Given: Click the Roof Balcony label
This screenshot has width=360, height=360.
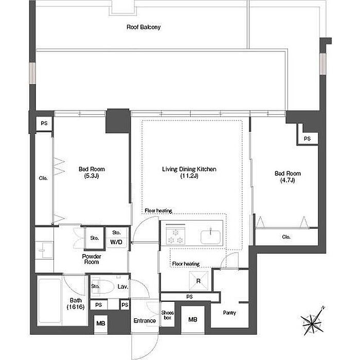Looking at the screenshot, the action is [143, 27].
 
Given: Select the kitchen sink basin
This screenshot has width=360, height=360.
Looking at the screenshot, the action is [210, 237].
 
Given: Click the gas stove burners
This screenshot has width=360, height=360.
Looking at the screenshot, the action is [176, 237].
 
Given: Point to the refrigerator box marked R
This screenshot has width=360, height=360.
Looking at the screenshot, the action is [199, 281].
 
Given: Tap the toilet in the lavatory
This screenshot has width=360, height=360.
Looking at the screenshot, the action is [103, 286].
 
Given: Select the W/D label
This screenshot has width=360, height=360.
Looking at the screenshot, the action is [116, 242].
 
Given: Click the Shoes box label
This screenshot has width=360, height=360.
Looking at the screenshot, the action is [167, 315].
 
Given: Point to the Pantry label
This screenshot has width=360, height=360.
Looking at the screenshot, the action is [229, 313].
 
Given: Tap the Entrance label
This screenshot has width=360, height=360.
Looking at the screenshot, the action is [145, 321].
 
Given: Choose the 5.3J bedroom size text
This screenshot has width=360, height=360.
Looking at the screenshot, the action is [92, 176].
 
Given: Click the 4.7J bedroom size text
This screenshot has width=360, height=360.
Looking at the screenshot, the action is [287, 180].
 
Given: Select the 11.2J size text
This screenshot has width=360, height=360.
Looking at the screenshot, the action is [189, 176].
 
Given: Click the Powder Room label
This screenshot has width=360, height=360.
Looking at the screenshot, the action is [92, 259].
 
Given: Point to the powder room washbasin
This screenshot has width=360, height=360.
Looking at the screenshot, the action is [44, 250].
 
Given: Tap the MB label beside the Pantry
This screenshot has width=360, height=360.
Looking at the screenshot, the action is [193, 319].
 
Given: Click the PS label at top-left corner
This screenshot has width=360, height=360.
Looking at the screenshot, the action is [44, 123].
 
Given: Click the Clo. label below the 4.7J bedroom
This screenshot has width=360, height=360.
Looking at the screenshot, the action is [286, 237].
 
